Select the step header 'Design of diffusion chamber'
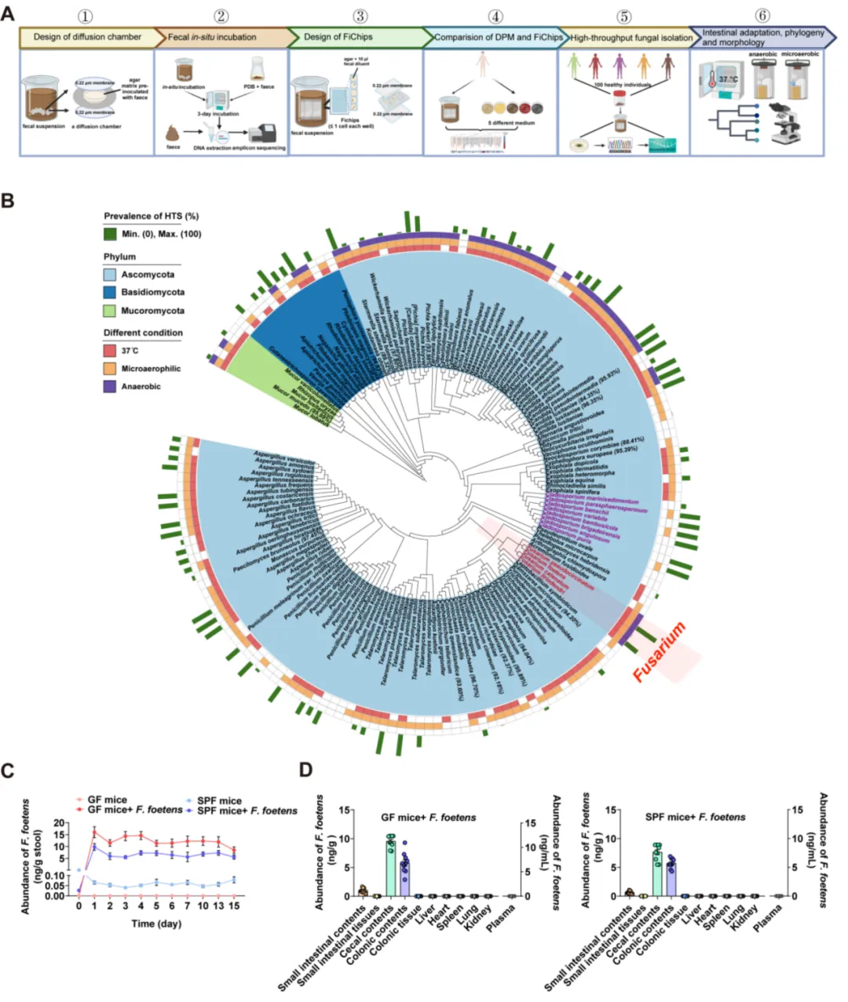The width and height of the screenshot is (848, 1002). (x=87, y=37)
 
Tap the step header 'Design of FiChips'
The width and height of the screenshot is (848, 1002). (x=338, y=37)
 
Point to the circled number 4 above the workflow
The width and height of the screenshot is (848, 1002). (x=495, y=16)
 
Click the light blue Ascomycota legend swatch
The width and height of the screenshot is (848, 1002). (x=111, y=275)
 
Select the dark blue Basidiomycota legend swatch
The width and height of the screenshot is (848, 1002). (x=111, y=293)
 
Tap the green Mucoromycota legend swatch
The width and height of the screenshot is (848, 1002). (x=111, y=311)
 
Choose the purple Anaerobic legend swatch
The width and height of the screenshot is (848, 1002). (x=111, y=387)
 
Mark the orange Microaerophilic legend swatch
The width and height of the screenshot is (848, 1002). (x=111, y=369)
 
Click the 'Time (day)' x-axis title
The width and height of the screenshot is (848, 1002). (x=156, y=924)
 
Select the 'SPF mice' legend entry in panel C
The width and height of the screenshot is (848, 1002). (x=219, y=800)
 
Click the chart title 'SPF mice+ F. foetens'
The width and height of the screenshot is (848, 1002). (x=695, y=817)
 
